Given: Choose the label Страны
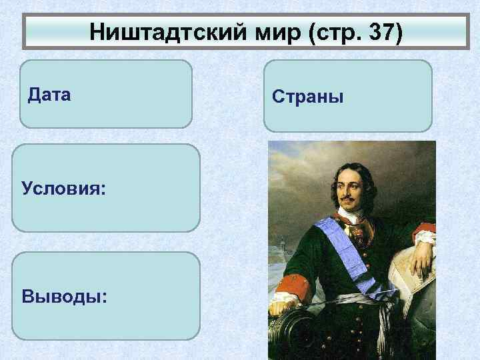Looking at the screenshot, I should click(x=307, y=97).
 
